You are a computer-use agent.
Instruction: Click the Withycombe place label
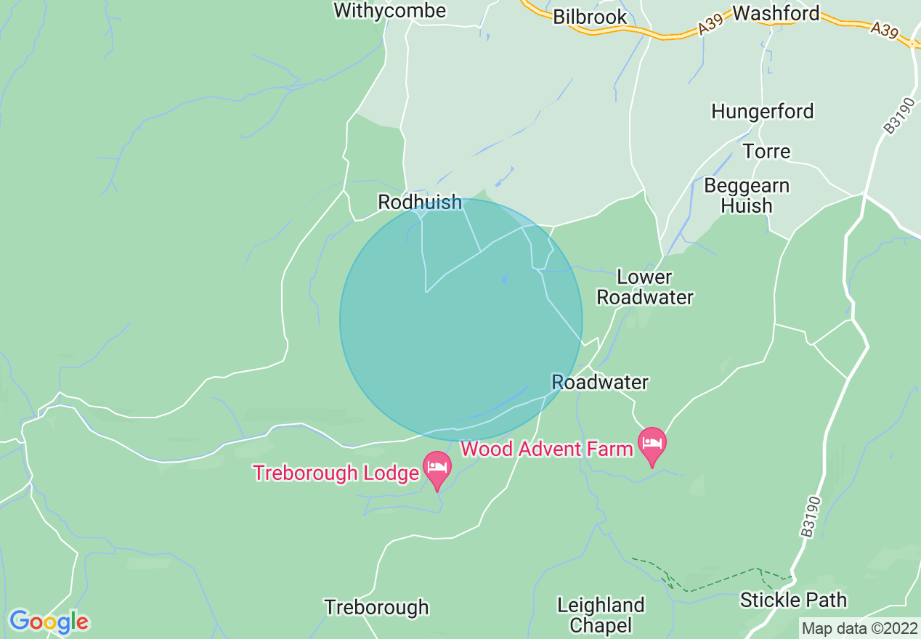point(389,10)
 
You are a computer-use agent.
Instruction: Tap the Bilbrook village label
point(590,17)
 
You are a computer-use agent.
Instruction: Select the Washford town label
point(776,13)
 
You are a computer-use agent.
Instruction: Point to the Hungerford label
point(762,112)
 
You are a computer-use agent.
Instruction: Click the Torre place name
point(766,152)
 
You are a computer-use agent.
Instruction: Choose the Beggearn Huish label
point(747,195)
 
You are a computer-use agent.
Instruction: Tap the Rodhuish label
point(420,203)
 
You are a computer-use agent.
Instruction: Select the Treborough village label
point(376,608)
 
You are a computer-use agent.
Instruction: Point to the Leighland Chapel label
point(601,614)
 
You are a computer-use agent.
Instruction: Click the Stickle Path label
point(793,601)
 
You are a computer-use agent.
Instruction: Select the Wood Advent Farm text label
point(546,449)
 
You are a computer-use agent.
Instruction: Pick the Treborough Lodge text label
point(336,473)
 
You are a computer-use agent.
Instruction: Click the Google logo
point(49,622)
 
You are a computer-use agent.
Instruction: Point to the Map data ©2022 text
point(859,628)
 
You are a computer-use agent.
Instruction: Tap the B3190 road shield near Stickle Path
point(812,516)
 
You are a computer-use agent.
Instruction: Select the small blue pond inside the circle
point(503,278)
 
